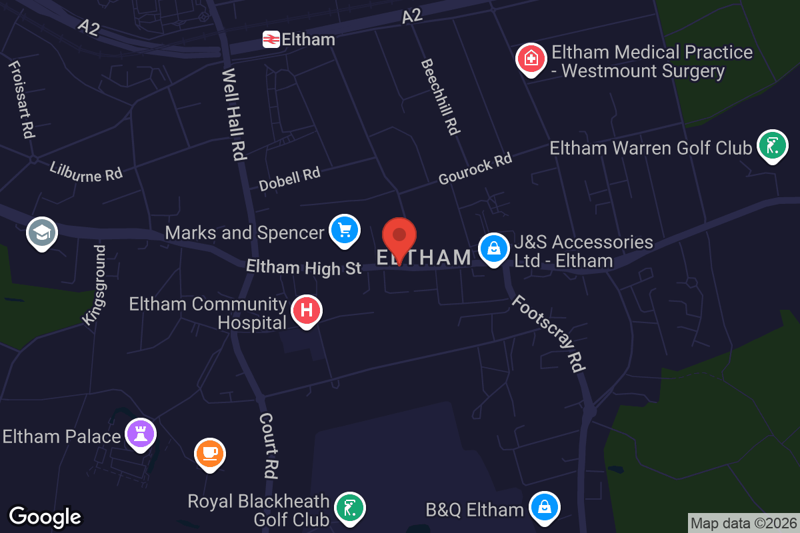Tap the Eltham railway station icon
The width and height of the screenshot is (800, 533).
coord(271,39)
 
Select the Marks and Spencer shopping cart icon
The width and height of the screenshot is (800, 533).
coord(344,231)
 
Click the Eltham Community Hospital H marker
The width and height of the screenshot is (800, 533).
coord(306,310)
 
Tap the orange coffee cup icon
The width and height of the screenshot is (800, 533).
coord(210,453)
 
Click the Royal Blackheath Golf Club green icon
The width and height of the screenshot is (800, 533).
coord(349,508)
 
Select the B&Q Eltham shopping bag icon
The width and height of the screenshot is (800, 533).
coord(545,508)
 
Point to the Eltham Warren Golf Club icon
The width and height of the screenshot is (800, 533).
coord(773,146)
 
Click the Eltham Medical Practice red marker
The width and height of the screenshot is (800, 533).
coord(531,59)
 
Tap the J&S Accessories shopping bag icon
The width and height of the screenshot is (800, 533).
coord(493,249)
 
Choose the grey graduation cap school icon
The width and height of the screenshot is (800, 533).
coord(42,233)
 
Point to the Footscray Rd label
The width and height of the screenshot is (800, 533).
coord(549,333)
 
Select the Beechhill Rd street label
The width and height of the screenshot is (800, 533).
coord(440,97)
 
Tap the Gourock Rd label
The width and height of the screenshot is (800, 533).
coord(475,169)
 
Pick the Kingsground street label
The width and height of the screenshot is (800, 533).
coord(94,285)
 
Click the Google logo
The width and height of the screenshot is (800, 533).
coord(45,516)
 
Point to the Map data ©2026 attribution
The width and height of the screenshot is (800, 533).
coord(743,523)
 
